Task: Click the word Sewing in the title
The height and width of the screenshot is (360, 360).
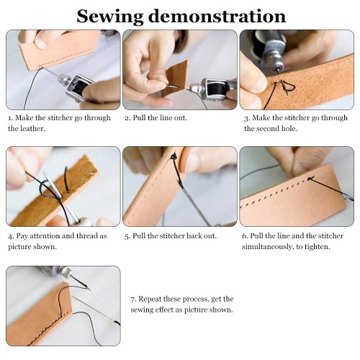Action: pyautogui.click(x=110, y=17)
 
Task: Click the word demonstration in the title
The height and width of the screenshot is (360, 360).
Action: pyautogui.click(x=217, y=16)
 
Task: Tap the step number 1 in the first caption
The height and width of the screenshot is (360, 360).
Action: pyautogui.click(x=10, y=118)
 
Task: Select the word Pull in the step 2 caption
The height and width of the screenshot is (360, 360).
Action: pyautogui.click(x=139, y=118)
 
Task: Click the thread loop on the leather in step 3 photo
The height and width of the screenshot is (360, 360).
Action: pyautogui.click(x=286, y=87)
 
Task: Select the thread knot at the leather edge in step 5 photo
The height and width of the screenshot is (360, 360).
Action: pyautogui.click(x=174, y=157)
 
